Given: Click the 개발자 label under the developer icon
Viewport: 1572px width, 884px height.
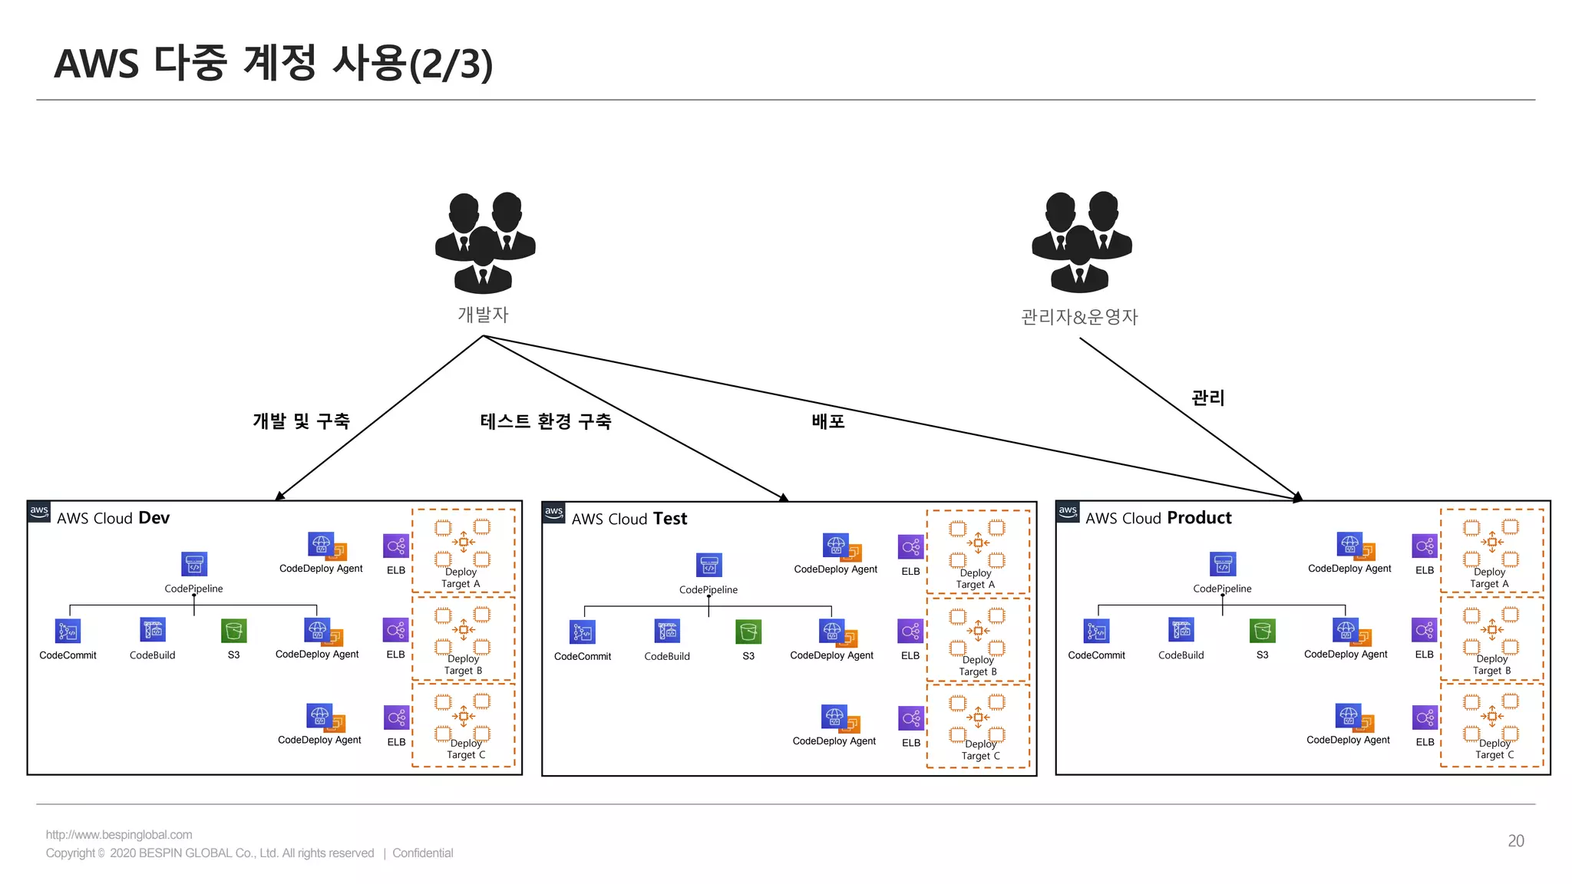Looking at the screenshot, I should click(483, 315).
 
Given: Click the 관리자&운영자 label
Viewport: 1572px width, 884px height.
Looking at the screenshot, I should click(1079, 317).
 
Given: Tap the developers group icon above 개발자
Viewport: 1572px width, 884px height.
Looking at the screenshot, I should click(484, 242).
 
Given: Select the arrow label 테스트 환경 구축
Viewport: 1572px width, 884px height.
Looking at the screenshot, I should click(546, 421).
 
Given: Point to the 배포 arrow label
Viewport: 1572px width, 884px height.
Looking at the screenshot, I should click(828, 421).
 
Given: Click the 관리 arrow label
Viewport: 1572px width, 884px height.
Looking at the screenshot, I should click(1207, 397).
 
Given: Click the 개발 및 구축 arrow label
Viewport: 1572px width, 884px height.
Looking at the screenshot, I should click(301, 421).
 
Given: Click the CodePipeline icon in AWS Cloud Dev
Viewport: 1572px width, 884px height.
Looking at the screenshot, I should click(194, 564).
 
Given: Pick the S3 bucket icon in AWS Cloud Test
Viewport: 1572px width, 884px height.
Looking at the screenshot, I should click(748, 632).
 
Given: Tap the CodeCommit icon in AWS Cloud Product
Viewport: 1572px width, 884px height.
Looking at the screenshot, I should click(1096, 631).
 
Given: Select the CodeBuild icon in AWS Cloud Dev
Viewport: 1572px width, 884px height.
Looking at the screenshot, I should click(153, 630).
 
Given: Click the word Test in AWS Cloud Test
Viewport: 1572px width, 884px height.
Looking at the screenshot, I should click(670, 519).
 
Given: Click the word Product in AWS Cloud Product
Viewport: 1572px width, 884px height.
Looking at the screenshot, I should click(1199, 518).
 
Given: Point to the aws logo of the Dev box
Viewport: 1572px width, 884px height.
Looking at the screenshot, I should click(39, 511).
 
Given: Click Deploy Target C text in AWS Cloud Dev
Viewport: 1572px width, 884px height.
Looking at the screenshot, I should click(466, 749).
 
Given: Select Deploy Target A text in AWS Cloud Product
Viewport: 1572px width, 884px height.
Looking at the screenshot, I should click(1489, 578).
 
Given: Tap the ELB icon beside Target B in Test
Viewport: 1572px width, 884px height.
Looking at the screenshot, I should click(910, 632).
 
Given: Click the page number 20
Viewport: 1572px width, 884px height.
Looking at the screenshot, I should click(1515, 841).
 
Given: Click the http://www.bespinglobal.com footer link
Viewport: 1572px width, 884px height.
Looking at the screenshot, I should click(119, 835).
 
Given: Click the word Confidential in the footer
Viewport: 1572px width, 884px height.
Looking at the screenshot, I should click(422, 853).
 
